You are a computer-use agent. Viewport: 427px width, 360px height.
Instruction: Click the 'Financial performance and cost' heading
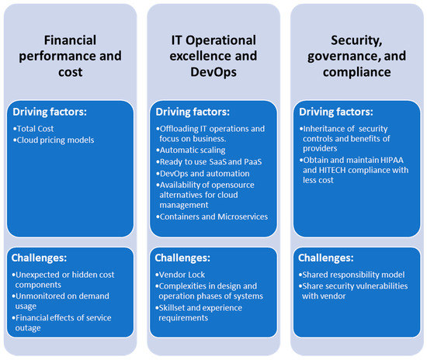coord(70,56)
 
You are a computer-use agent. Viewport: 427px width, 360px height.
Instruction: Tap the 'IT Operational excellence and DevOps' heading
coord(213,56)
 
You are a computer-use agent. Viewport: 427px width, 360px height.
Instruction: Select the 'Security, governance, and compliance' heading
coord(357,56)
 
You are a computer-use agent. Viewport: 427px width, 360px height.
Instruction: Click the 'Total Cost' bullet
coord(33,129)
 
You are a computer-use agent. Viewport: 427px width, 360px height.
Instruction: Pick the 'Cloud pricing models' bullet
coord(54,140)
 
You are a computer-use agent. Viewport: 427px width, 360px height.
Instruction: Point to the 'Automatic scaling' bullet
coord(191,151)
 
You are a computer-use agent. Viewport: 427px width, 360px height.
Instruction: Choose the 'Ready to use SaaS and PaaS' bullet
coord(209,162)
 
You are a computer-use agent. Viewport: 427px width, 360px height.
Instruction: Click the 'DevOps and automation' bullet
coord(203,174)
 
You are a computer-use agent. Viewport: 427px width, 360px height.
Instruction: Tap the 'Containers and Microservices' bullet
coord(212,216)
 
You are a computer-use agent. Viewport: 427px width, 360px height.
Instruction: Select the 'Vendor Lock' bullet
coord(180,275)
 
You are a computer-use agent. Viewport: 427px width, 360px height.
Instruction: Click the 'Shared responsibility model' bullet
coord(352,275)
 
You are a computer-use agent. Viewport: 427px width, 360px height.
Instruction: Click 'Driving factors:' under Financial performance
coord(50,112)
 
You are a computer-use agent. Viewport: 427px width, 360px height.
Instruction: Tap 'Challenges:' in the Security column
coord(326,258)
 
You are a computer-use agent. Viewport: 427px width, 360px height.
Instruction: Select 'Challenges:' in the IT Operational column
coord(182,258)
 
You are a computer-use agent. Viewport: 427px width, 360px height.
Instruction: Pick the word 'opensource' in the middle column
coord(234,185)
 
